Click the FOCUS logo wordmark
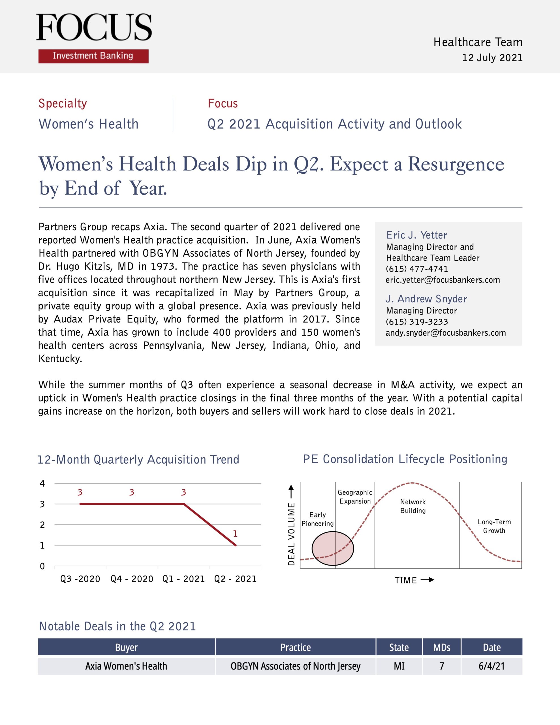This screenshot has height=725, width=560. tap(94, 27)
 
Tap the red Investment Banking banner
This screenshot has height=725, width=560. tap(93, 56)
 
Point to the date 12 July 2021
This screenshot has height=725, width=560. tap(492, 58)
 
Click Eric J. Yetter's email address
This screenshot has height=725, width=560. tap(443, 280)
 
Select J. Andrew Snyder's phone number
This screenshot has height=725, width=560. tap(416, 322)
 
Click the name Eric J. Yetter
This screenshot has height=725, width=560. tap(416, 235)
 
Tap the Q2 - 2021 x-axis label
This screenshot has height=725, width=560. tap(235, 579)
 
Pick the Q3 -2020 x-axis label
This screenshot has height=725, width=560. tap(80, 579)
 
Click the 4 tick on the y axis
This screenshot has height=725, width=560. tap(42, 483)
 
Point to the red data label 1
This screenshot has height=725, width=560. tap(235, 534)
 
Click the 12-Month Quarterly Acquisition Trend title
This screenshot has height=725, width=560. tap(138, 459)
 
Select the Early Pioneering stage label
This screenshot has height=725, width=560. tap(318, 519)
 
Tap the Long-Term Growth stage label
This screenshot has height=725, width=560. tap(494, 526)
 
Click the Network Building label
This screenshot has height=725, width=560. tap(413, 506)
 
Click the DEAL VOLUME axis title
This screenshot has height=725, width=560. tap(291, 534)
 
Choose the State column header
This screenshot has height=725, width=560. tap(399, 647)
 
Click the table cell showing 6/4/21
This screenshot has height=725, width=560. tap(491, 666)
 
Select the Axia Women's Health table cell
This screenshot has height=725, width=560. tap(126, 666)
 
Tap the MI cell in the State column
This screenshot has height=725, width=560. tap(399, 666)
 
